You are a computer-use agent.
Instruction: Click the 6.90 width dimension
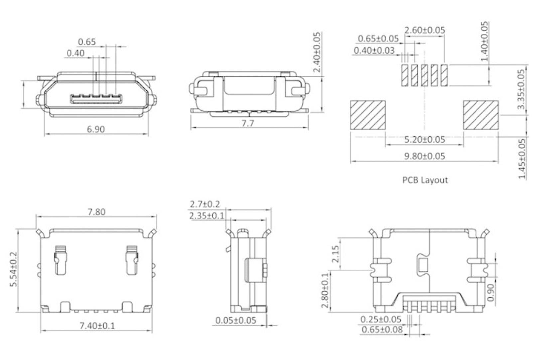[x=96, y=129]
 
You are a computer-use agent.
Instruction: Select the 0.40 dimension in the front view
[x=75, y=53]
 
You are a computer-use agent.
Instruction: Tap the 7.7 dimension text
[x=248, y=123]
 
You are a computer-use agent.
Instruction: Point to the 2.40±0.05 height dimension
[x=317, y=52]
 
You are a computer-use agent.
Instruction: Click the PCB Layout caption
[x=425, y=180]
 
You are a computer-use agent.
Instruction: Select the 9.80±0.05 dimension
[x=424, y=156]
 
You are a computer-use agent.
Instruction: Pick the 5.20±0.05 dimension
[x=424, y=139]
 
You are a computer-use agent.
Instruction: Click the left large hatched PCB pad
[x=368, y=115]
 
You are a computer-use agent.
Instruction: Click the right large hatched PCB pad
[x=481, y=115]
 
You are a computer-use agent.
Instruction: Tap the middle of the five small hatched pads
[x=424, y=75]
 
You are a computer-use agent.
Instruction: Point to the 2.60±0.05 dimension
[x=425, y=30]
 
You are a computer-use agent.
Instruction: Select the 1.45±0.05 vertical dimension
[x=522, y=159]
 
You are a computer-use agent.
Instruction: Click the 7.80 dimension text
[x=96, y=212]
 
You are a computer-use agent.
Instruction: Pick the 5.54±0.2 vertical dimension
[x=14, y=270]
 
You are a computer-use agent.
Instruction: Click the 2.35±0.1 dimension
[x=207, y=216]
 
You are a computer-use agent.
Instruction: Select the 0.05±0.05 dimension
[x=236, y=321]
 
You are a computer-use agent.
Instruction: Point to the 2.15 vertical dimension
[x=335, y=254]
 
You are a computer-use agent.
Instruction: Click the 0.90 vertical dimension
[x=491, y=292]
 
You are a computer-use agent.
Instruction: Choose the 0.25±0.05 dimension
[x=381, y=320]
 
